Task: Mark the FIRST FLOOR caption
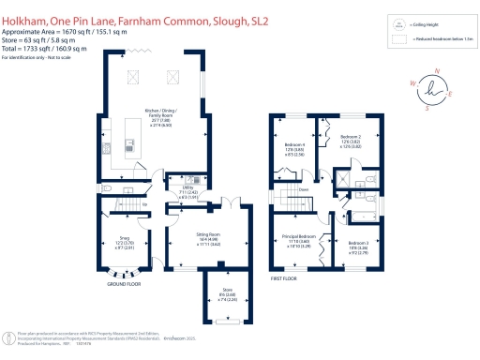point(287,279)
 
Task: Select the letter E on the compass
point(451,94)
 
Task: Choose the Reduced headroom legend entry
point(431,39)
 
